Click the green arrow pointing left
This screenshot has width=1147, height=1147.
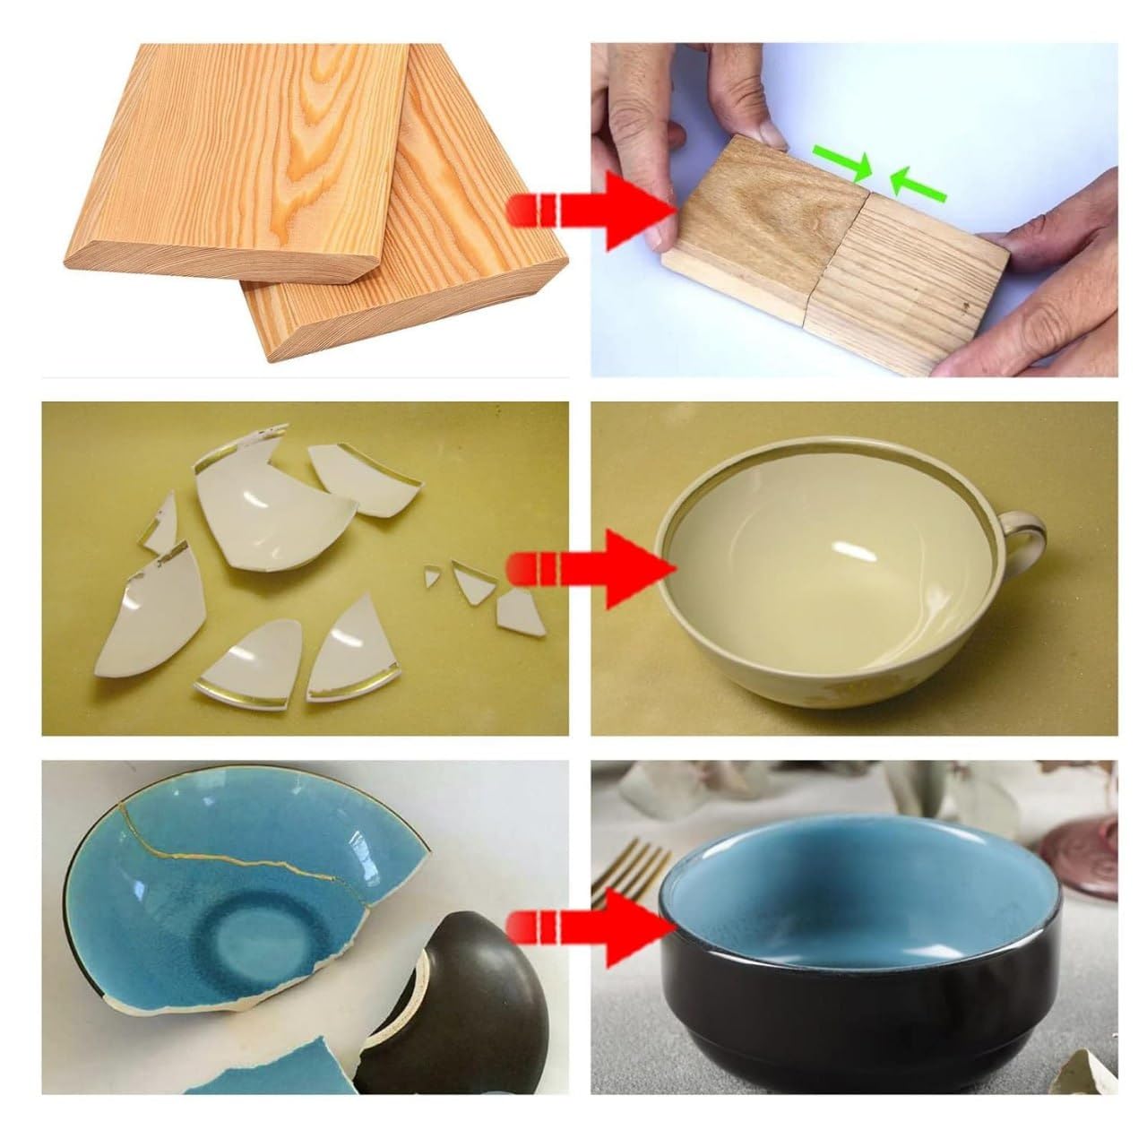click(x=918, y=186)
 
